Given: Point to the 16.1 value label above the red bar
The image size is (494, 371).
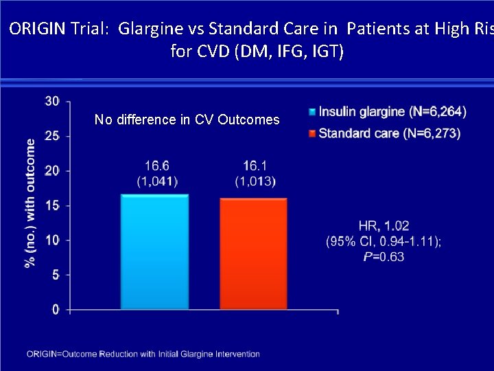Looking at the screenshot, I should (255, 166).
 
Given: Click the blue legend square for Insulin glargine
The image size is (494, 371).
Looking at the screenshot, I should (312, 112).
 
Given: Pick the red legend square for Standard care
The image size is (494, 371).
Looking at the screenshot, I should (312, 133).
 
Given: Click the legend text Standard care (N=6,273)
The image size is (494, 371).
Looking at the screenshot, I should (390, 133).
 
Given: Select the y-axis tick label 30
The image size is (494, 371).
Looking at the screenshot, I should (51, 101).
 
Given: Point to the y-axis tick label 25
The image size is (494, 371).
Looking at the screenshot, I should (51, 136).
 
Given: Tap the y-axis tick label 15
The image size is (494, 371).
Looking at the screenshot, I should (51, 205).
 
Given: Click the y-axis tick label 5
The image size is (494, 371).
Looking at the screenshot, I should (55, 275).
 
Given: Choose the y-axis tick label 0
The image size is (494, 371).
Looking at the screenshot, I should (55, 310).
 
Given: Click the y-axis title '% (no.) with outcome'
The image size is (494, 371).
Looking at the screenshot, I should (31, 204).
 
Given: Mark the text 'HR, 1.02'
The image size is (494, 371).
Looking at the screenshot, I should (383, 226).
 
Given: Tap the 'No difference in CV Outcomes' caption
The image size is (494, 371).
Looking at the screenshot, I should (187, 120).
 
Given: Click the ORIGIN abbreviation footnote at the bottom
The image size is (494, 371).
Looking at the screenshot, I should (143, 354).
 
